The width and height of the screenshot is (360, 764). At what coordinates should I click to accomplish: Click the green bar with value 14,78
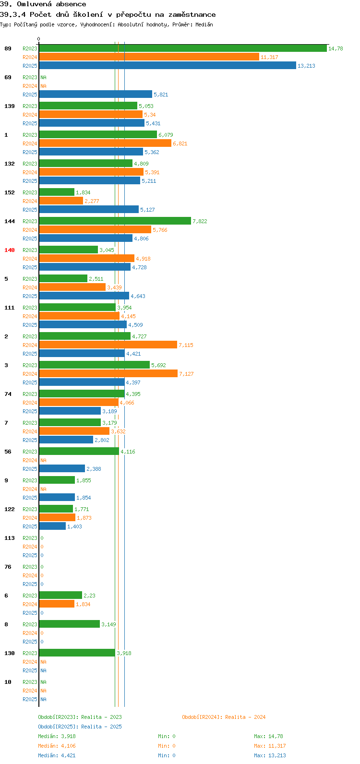(x=183, y=48)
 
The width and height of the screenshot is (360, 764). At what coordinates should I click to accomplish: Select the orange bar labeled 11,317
(x=149, y=57)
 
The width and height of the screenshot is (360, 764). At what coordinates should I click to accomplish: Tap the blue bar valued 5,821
(x=96, y=95)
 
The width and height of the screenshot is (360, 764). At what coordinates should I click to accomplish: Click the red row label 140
(x=10, y=250)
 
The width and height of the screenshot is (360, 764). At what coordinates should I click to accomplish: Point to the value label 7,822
(x=200, y=221)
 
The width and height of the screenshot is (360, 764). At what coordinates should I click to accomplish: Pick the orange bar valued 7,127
(x=108, y=374)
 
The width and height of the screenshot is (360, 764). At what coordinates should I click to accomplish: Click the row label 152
(x=10, y=192)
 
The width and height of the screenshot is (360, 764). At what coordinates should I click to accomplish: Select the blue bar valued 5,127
(x=89, y=209)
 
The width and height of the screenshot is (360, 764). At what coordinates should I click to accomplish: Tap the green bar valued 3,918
(x=77, y=653)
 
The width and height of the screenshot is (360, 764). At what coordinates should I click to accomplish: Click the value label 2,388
(x=94, y=469)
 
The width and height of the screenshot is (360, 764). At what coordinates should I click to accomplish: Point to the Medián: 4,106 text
(x=57, y=746)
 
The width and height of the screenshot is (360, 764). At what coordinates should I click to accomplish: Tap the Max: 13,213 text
(x=270, y=755)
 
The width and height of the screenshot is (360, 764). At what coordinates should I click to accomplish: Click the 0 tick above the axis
(x=38, y=39)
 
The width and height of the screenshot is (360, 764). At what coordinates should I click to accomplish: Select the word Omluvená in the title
(x=34, y=4)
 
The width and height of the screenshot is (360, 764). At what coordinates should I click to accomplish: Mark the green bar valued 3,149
(x=70, y=624)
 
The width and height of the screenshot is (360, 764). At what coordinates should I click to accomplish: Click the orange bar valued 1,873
(x=57, y=517)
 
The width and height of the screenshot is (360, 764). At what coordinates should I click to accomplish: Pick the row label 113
(x=10, y=538)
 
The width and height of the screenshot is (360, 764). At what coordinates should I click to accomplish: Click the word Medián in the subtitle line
(x=204, y=24)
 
